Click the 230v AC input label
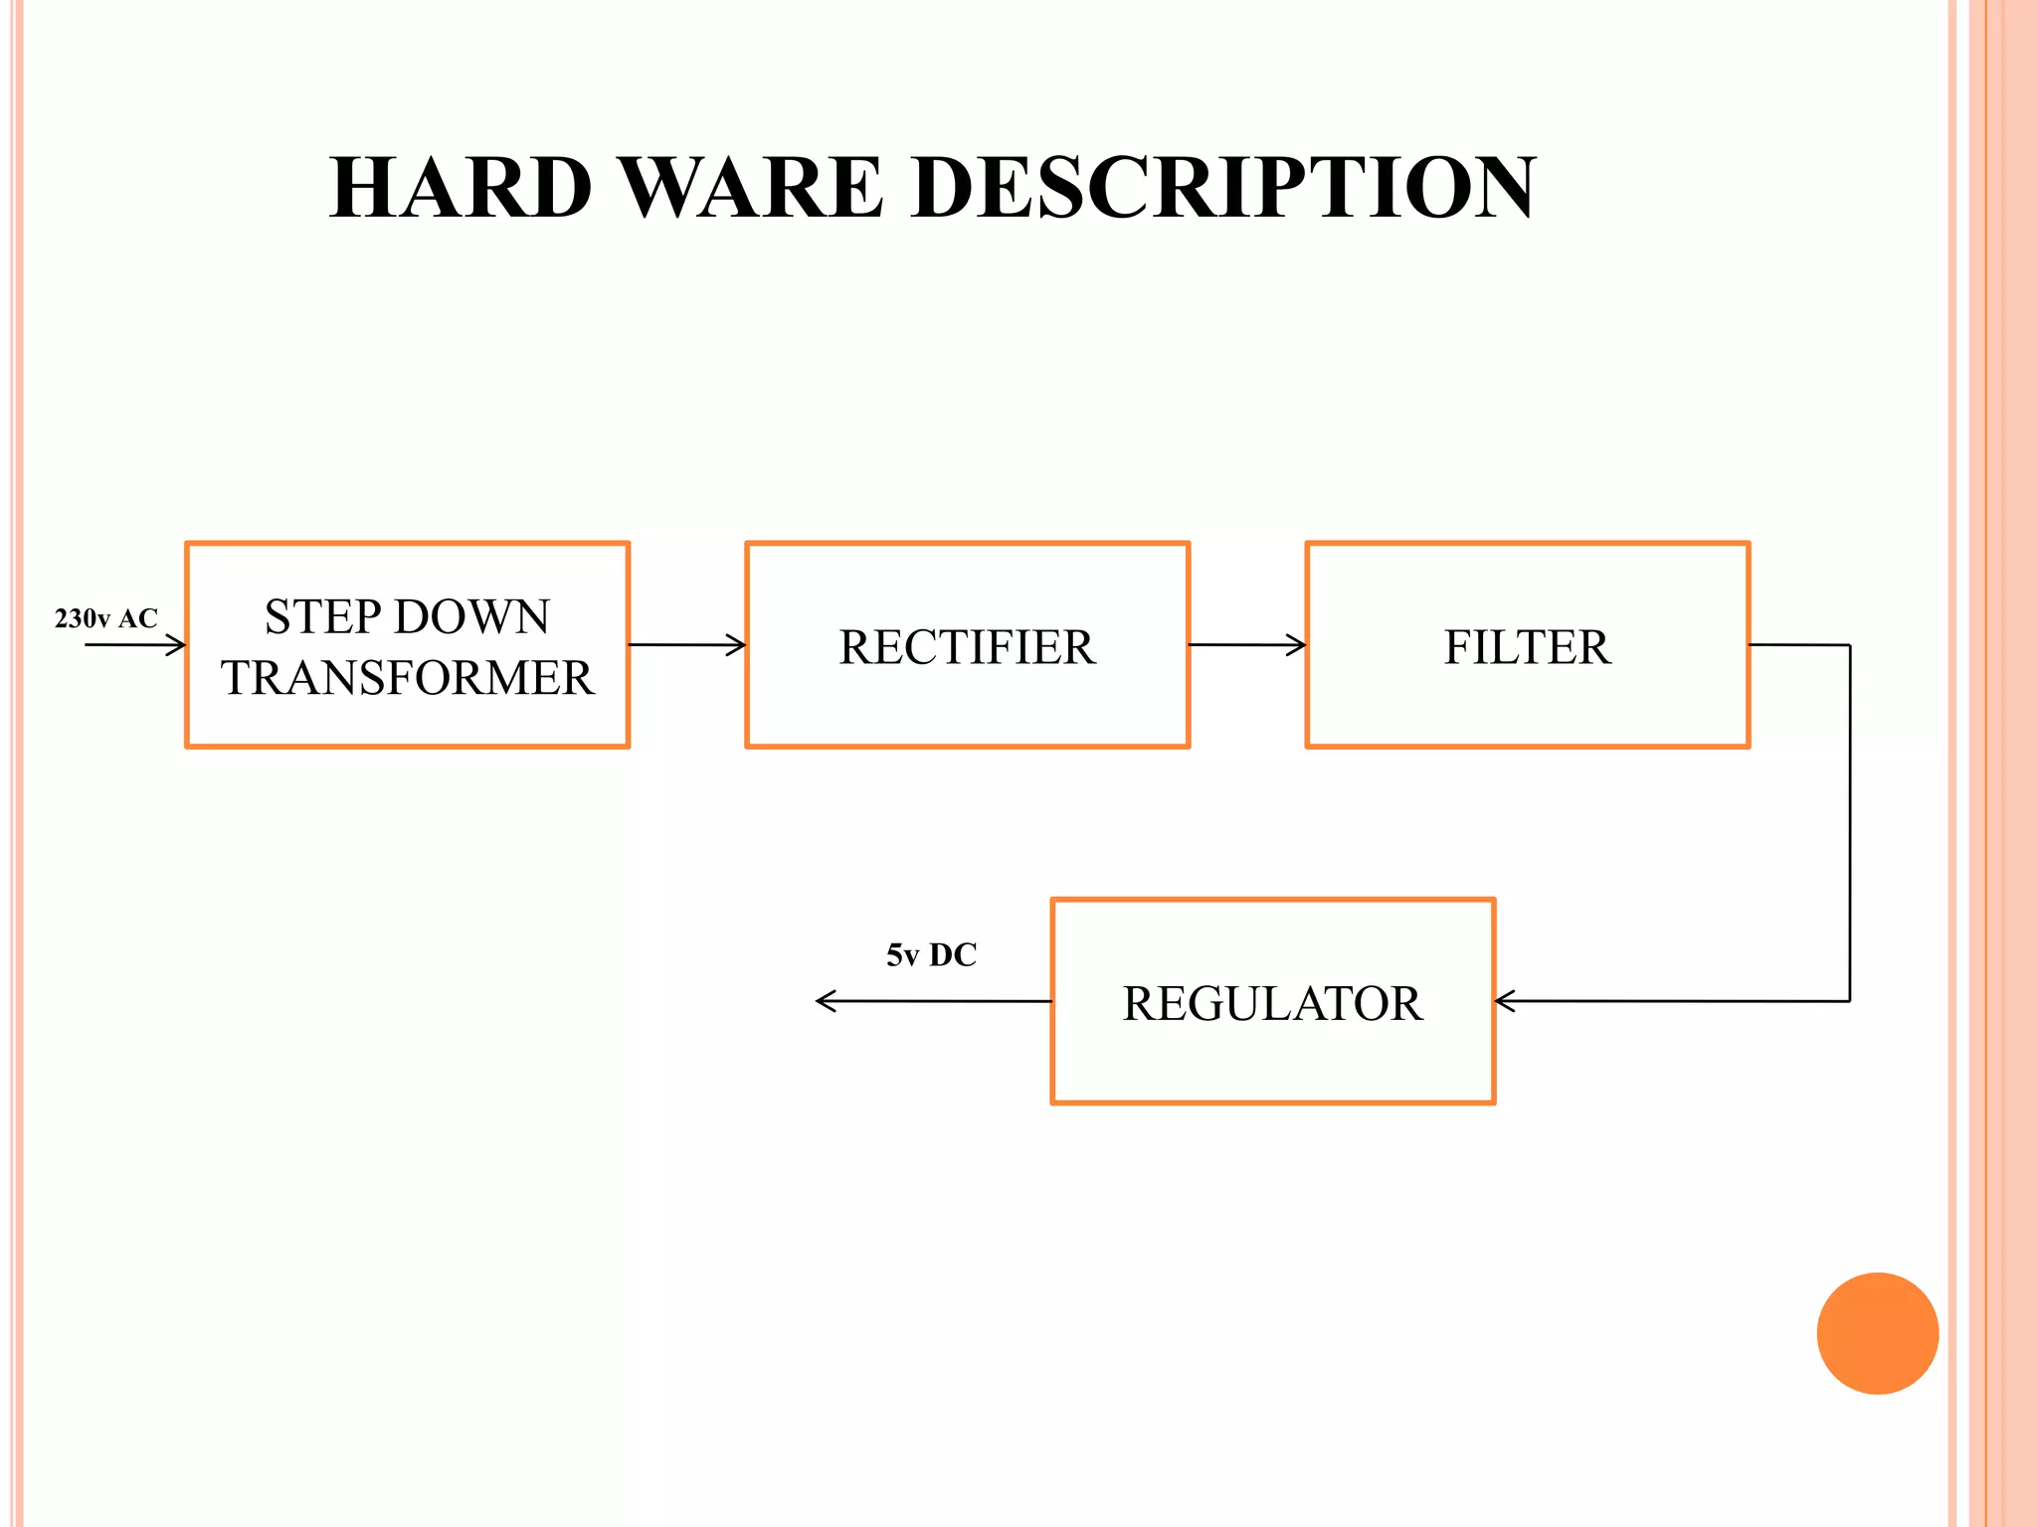coord(105,618)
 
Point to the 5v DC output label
coord(931,955)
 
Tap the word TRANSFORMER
coord(408,678)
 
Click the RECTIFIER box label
coord(967,647)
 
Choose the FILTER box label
coord(1527,647)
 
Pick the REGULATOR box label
coord(1272,1003)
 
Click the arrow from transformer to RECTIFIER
coord(687,645)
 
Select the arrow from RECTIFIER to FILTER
coord(1247,645)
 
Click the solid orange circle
coord(1877,1333)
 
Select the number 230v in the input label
coord(82,618)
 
